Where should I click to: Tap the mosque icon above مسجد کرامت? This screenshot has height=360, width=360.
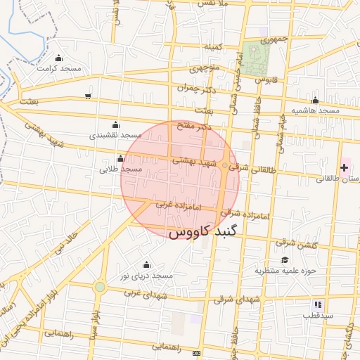click(58, 58)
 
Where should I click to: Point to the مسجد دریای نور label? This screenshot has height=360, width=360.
click(146, 276)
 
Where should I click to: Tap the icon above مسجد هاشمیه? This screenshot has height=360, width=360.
click(316, 100)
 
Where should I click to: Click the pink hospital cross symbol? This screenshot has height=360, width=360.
click(344, 167)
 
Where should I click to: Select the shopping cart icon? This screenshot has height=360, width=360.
click(88, 96)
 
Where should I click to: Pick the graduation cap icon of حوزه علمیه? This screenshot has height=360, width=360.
click(285, 259)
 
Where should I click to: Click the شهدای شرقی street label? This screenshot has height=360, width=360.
click(259, 300)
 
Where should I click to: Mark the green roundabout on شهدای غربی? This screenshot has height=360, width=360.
click(100, 287)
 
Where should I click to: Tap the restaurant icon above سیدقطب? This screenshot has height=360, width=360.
click(318, 305)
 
